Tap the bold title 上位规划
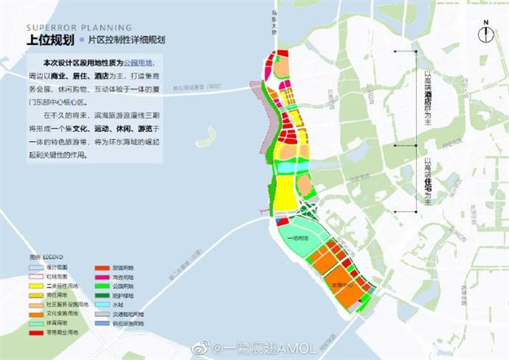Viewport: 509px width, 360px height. [x=51, y=39]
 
